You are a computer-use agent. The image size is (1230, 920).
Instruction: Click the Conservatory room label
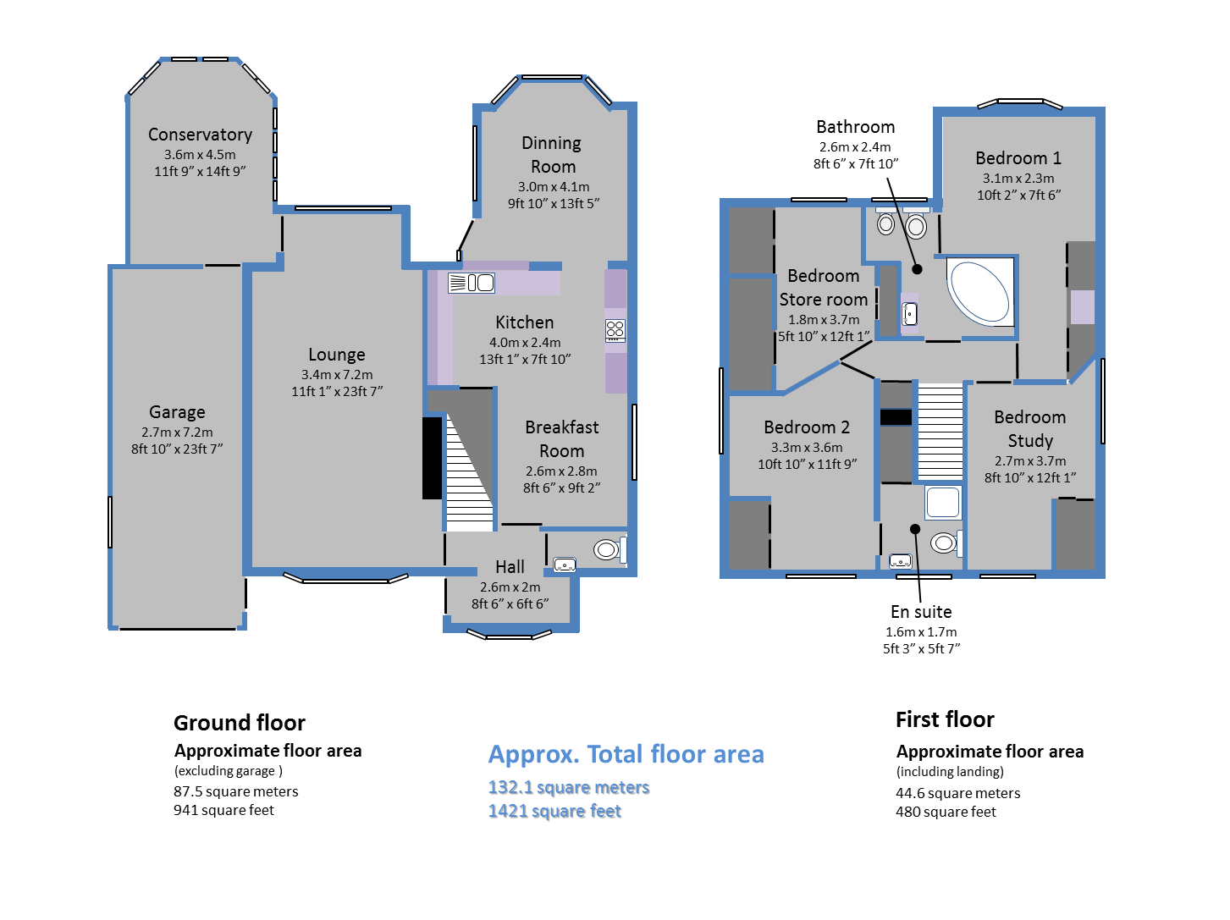point(200,135)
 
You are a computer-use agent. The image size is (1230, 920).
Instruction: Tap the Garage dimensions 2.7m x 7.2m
point(177,432)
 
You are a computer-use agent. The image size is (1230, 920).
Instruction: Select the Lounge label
point(337,355)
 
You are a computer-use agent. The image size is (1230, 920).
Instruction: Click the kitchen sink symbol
point(472,283)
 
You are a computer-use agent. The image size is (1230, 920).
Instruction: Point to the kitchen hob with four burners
point(615,331)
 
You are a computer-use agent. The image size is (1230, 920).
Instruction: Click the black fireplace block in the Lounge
point(432,459)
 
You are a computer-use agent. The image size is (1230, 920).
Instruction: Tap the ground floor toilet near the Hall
point(609,549)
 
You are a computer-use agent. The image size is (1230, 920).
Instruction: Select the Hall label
point(510,567)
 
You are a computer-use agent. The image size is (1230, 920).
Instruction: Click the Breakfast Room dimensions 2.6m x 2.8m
point(561,471)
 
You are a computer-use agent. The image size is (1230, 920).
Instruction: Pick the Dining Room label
point(553,155)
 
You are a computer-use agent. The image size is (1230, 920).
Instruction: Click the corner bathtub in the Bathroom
point(980,292)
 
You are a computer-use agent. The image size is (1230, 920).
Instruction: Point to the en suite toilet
point(946,543)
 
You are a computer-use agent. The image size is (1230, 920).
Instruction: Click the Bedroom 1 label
point(1018,158)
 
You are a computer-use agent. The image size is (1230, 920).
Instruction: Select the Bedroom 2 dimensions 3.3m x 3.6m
point(807,448)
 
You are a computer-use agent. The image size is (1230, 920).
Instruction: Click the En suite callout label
point(921,612)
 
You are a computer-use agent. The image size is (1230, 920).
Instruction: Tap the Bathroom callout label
point(856,127)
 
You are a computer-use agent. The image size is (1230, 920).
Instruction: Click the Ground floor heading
point(240,724)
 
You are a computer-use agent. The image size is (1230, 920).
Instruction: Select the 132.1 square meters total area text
point(569,788)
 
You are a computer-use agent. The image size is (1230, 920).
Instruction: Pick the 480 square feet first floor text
point(946,813)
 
